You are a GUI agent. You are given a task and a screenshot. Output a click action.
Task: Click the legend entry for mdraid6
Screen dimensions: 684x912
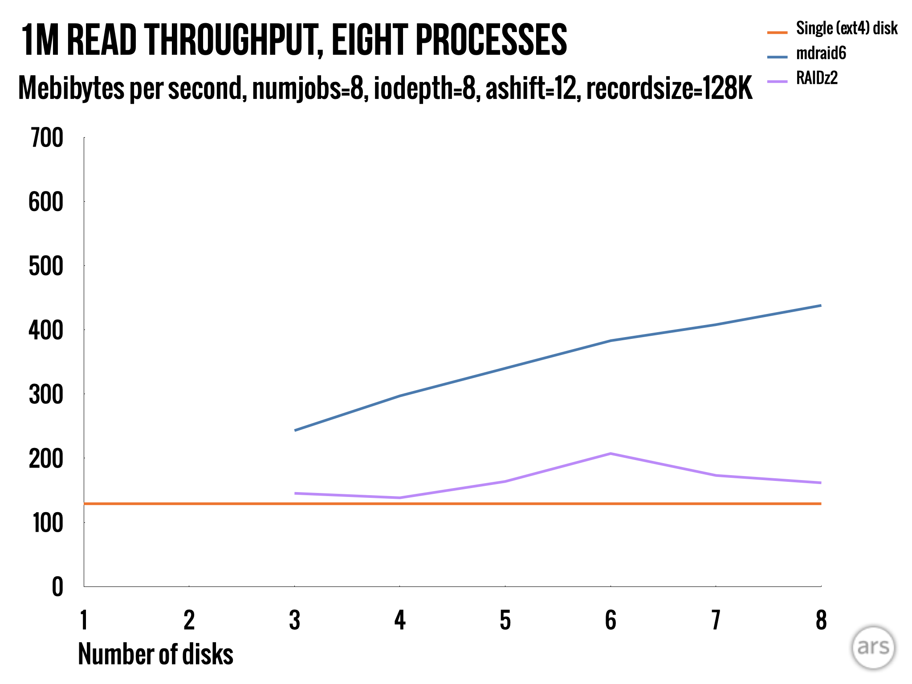821,53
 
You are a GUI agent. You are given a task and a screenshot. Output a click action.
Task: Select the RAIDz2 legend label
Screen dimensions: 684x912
817,78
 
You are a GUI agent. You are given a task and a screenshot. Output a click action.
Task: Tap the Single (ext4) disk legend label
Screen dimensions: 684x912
847,28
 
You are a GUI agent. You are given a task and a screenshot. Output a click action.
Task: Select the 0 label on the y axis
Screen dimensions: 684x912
57,587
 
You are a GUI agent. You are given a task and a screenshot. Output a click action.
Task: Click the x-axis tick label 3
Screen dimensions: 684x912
294,620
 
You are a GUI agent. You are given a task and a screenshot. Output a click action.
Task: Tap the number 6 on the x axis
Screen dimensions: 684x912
611,620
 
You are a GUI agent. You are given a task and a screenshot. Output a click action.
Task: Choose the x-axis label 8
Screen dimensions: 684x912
821,620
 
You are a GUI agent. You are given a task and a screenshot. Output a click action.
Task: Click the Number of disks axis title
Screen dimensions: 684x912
155,654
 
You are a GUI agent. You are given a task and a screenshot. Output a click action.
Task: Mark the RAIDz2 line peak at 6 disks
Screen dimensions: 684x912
611,454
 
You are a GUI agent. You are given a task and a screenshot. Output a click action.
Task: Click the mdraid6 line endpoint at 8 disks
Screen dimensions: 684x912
820,305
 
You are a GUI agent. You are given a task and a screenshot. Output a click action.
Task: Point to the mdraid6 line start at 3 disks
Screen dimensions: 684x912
295,430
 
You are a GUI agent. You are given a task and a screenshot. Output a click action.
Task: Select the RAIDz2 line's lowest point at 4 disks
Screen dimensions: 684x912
400,497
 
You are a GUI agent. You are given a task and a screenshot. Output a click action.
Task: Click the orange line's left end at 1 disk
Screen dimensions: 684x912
85,504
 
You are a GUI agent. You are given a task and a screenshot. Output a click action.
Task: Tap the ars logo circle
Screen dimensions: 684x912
873,647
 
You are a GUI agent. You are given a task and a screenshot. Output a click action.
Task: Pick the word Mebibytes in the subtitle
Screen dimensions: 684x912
71,88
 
